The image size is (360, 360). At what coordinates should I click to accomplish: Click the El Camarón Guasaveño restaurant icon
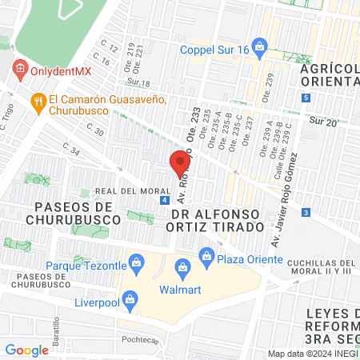[x=37, y=101]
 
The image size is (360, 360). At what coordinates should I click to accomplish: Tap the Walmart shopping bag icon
[x=182, y=266]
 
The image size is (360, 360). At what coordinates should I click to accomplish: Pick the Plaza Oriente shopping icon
[x=206, y=255]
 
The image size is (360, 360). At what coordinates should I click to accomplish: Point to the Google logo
[x=26, y=350]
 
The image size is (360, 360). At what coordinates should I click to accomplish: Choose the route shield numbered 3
[x=306, y=213]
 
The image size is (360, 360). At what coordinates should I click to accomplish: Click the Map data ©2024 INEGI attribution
[x=312, y=353]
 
